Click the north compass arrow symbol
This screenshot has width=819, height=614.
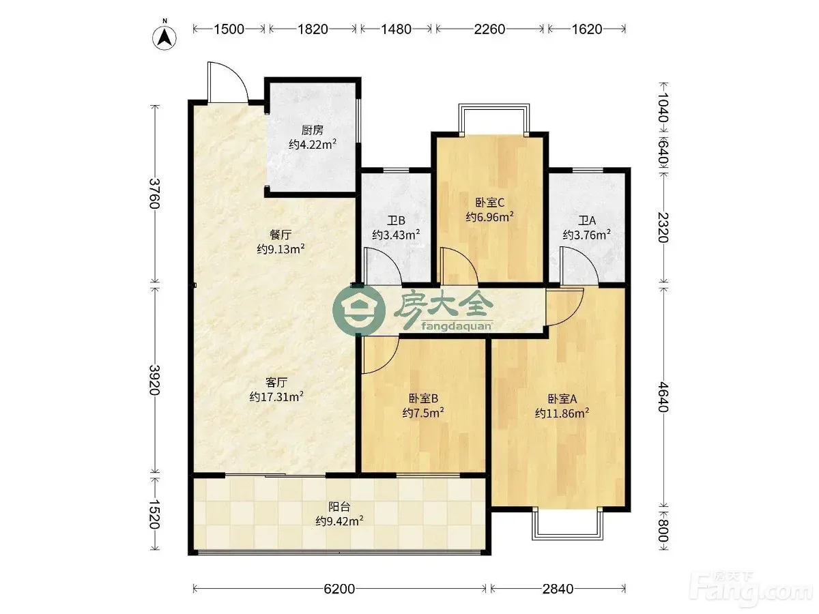tap(164, 38)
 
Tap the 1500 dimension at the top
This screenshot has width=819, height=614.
tap(229, 29)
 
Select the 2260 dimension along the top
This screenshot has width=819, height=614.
tap(489, 29)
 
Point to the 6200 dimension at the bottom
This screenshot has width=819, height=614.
tap(339, 589)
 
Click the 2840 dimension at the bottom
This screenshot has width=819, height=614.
tap(558, 589)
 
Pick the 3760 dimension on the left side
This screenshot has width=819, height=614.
tap(154, 194)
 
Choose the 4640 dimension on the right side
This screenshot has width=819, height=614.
tap(663, 396)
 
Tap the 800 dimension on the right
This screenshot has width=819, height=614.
tap(663, 531)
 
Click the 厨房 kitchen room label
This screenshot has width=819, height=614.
tap(313, 130)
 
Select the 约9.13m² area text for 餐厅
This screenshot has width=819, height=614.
tap(281, 248)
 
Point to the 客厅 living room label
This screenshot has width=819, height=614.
tap(276, 383)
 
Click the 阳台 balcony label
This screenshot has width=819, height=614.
tap(339, 507)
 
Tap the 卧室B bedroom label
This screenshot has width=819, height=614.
tap(423, 398)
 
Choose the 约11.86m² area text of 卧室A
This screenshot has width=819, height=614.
tap(562, 413)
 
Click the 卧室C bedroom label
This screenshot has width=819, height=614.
tap(489, 203)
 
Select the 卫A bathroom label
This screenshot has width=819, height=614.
tap(587, 220)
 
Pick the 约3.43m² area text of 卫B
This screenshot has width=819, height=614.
tap(396, 235)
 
